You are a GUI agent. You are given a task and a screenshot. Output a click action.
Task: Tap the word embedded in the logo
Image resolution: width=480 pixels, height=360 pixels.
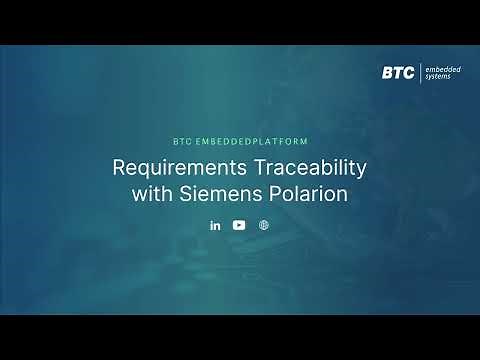click(443, 68)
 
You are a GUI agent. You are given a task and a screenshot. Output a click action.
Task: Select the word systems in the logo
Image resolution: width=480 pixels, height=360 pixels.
click(440, 77)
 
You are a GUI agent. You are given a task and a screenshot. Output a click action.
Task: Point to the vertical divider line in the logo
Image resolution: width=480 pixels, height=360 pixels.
click(421, 72)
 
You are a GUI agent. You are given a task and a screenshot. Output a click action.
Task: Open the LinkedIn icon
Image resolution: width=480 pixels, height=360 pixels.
click(215, 225)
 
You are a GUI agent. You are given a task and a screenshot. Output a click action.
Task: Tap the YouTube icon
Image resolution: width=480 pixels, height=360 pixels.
click(239, 225)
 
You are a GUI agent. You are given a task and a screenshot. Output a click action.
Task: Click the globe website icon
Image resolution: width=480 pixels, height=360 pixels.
click(263, 225)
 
